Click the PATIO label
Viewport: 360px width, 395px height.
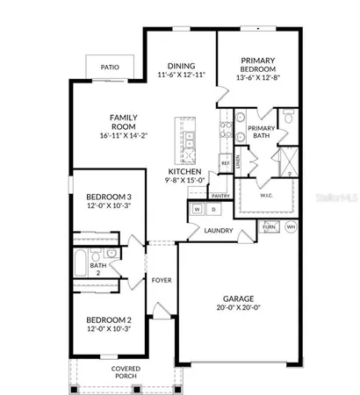click(x=110, y=66)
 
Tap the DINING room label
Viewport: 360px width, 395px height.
click(x=181, y=65)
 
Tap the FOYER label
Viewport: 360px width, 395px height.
click(x=162, y=280)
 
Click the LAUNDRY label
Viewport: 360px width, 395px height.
click(x=218, y=231)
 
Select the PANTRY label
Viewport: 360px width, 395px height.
click(x=220, y=196)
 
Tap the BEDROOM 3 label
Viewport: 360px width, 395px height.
click(x=109, y=196)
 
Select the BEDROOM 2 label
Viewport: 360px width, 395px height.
click(x=109, y=320)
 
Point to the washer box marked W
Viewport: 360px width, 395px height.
click(x=197, y=210)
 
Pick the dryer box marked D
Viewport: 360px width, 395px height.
click(x=212, y=210)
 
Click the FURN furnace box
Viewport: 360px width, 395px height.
click(x=270, y=226)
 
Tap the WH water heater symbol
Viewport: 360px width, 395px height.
click(x=291, y=226)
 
